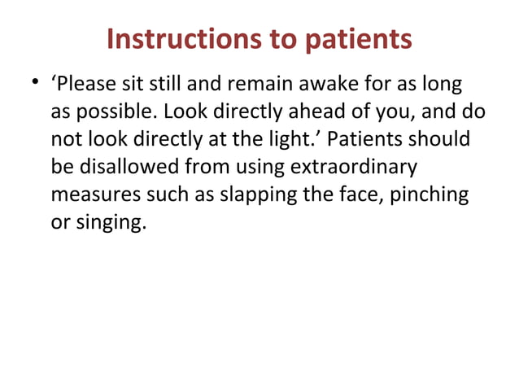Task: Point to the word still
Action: coord(155,84)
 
